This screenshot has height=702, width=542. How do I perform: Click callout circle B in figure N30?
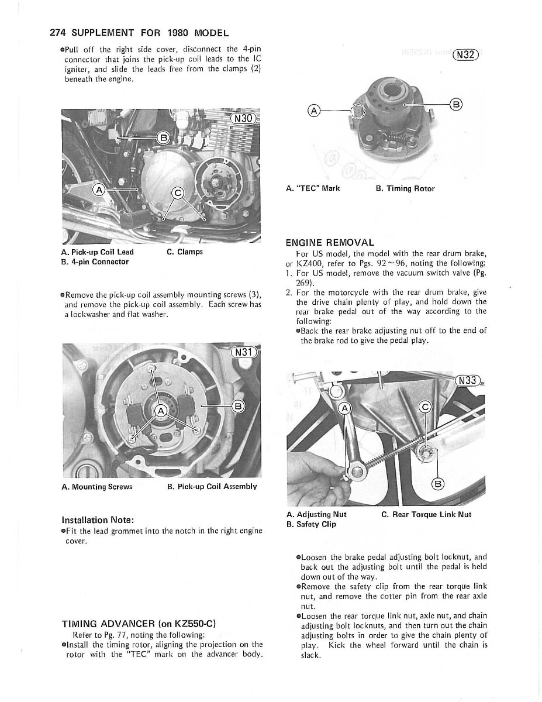(164, 138)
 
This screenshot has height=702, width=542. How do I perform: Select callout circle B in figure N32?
(455, 105)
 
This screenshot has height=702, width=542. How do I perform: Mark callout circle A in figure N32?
(315, 110)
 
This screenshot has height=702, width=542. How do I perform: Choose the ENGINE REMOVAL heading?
(330, 242)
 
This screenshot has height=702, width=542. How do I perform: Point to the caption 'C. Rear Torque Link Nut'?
(426, 515)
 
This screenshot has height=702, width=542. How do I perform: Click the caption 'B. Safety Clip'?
(311, 524)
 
